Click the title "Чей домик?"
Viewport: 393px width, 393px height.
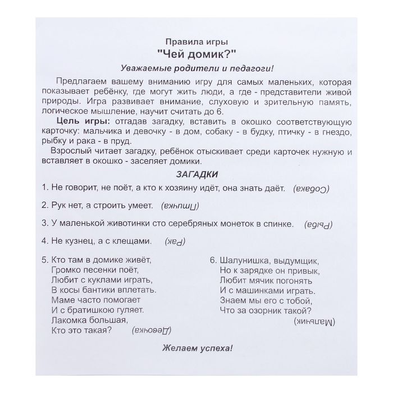(197, 53)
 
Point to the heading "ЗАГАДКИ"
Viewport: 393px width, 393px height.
(196, 174)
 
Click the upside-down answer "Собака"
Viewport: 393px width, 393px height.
(311, 188)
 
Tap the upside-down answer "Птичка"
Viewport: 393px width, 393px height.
(176, 205)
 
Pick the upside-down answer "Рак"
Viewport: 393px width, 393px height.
(175, 242)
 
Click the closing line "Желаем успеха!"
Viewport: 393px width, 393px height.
(196, 348)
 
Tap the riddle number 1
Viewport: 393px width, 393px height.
(44, 188)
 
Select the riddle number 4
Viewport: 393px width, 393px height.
(44, 241)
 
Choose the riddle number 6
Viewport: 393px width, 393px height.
(213, 261)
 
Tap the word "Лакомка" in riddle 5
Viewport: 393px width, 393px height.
(69, 319)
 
